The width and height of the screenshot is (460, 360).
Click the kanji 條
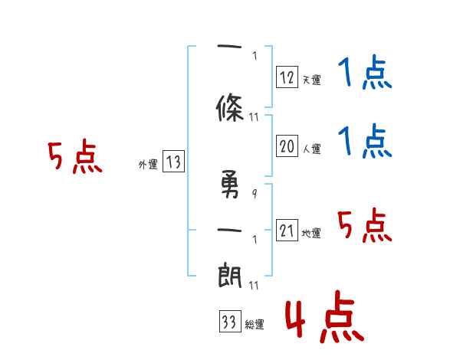(x=230, y=107)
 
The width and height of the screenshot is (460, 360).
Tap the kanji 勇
(x=230, y=184)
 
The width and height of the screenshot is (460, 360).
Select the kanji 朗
(x=229, y=275)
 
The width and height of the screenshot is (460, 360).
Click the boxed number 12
(x=287, y=77)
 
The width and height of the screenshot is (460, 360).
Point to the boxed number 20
(x=287, y=146)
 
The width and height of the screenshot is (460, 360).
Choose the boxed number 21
(x=287, y=230)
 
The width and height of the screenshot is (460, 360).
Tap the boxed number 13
(x=173, y=162)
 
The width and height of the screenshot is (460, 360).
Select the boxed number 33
(x=230, y=321)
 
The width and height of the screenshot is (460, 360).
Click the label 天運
(x=311, y=80)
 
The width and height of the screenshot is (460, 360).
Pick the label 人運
(x=311, y=149)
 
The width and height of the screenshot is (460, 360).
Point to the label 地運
(x=311, y=233)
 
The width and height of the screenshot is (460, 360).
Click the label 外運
(x=148, y=165)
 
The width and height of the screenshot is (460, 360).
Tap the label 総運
(x=255, y=324)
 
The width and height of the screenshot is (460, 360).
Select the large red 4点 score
(x=324, y=316)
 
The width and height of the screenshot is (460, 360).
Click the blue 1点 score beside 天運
(x=365, y=72)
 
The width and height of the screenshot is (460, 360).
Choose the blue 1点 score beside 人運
(x=365, y=141)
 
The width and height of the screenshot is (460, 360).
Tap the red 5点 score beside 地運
(x=365, y=225)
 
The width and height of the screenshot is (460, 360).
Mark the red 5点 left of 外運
(x=75, y=156)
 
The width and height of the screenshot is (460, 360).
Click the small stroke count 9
(x=255, y=194)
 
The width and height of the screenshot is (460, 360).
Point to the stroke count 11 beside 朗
(x=254, y=285)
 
